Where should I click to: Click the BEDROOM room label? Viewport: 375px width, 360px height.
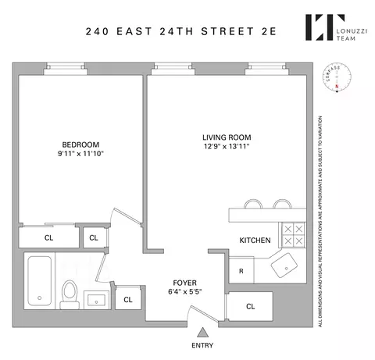pos(81,144)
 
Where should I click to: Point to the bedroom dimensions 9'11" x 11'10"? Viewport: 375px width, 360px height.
pos(81,154)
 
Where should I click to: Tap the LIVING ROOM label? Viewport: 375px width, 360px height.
pos(227,137)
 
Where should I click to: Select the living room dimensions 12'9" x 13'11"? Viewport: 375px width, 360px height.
pos(227,148)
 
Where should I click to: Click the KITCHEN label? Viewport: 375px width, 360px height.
pos(255,241)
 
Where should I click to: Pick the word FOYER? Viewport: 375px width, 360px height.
pos(184,282)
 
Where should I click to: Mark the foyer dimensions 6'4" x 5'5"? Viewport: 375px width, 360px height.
pos(184,292)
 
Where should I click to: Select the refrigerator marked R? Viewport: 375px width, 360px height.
pos(241,270)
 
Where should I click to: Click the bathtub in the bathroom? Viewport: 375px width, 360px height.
pos(40,281)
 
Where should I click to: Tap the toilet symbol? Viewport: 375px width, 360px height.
pos(69,292)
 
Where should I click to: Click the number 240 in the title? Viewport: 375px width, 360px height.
pos(98,33)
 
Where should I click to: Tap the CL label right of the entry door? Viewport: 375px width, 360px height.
pos(250,307)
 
